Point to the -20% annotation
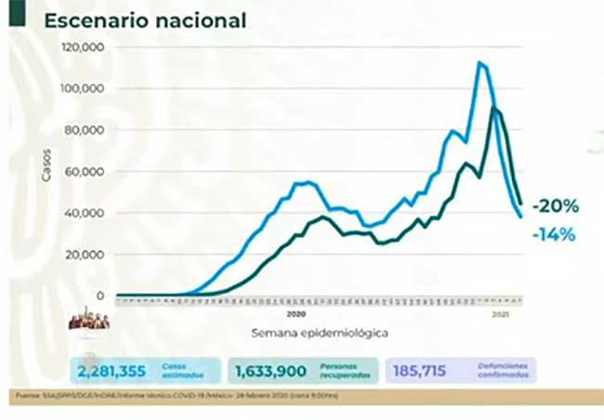point(554,205)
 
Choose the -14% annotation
point(554,235)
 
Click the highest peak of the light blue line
point(479,62)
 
